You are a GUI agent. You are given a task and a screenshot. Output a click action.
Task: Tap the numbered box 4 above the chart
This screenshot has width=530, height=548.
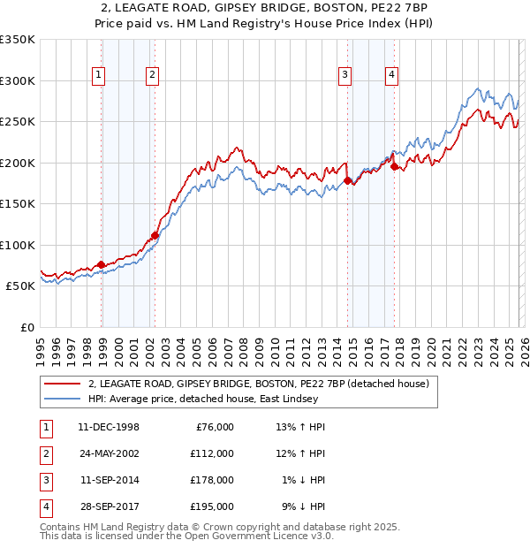point(390,76)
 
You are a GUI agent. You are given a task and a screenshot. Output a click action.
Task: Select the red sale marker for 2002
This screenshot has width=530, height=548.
point(155,235)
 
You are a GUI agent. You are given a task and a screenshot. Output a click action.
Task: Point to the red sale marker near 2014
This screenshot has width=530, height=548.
point(347,180)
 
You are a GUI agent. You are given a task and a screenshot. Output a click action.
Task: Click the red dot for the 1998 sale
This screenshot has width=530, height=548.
point(102,264)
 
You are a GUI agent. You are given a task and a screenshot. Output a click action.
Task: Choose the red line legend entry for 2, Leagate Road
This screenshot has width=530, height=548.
point(258,384)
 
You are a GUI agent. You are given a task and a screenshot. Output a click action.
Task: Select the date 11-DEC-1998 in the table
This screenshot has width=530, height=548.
point(109,427)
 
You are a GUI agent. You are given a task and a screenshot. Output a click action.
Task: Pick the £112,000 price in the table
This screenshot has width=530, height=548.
point(211,453)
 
